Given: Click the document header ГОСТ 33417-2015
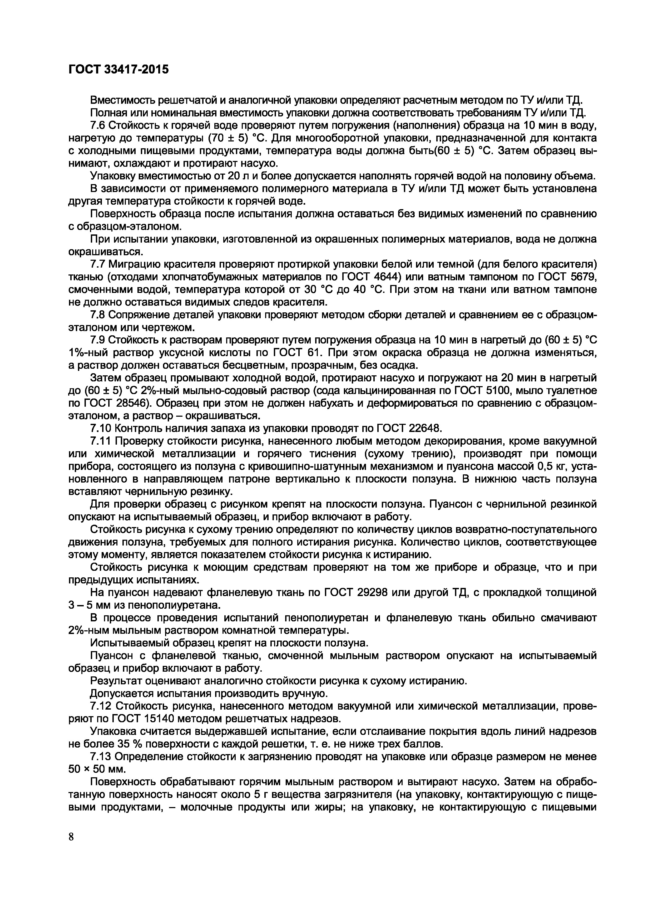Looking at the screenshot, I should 119,70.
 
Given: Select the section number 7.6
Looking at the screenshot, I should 98,126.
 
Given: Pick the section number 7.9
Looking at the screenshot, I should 98,340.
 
